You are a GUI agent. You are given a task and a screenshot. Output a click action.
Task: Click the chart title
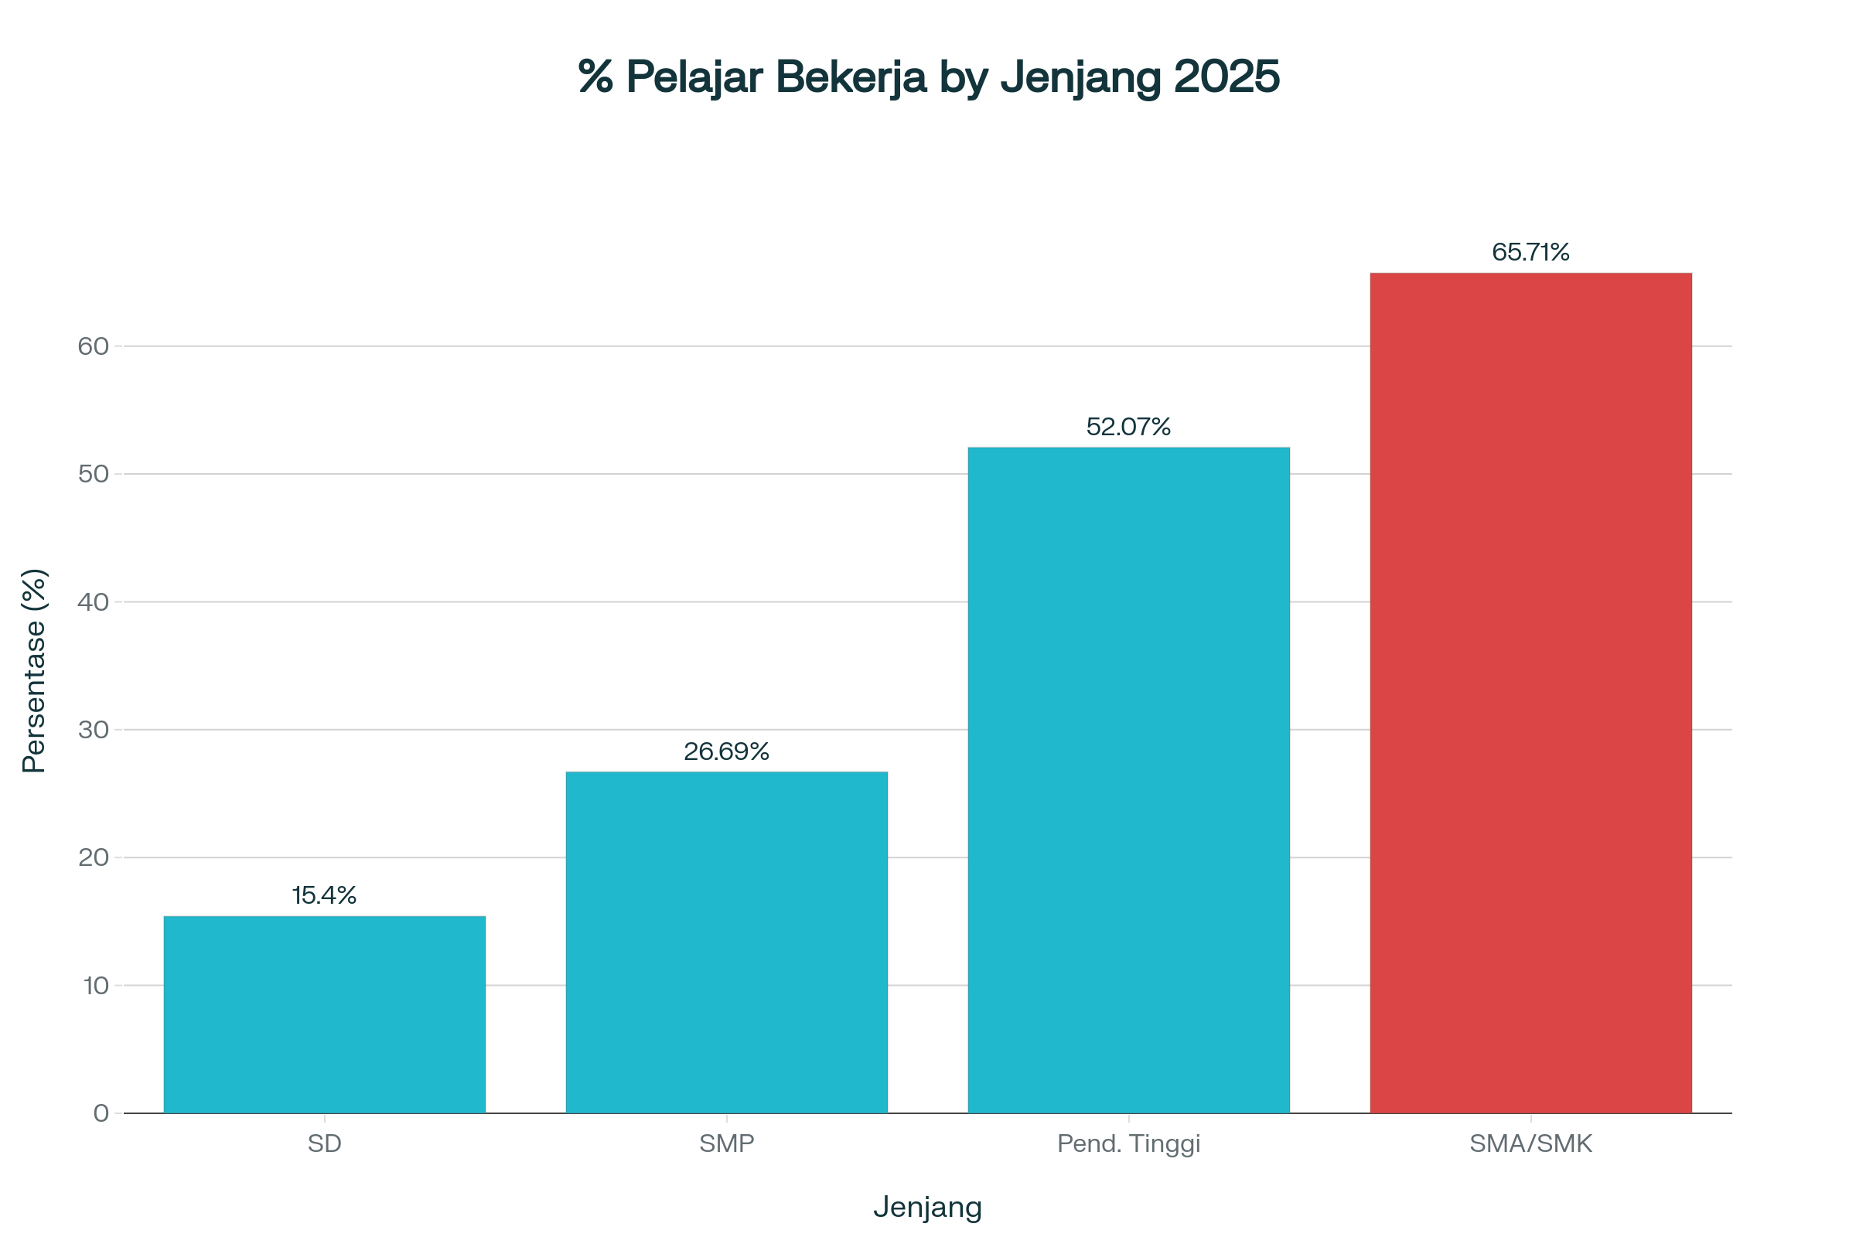click(x=929, y=77)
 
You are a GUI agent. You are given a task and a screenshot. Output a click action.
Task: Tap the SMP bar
click(x=726, y=942)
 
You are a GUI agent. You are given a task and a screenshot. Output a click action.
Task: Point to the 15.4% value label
click(x=324, y=895)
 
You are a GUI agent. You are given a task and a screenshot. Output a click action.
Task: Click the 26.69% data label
click(x=726, y=751)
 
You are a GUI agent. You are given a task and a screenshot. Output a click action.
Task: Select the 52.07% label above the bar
click(x=1128, y=427)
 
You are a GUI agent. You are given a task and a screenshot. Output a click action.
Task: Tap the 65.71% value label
click(x=1530, y=253)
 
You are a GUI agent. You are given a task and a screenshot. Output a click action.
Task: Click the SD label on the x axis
click(x=324, y=1143)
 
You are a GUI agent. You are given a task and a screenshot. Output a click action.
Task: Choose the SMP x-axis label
click(x=726, y=1143)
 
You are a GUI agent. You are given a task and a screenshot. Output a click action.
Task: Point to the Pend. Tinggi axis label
click(x=1128, y=1143)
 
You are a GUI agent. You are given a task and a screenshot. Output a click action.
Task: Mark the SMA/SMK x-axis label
click(x=1530, y=1143)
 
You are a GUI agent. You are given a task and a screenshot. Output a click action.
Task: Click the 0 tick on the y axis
click(x=101, y=1113)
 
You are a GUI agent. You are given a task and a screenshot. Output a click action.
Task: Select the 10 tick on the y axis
click(x=95, y=985)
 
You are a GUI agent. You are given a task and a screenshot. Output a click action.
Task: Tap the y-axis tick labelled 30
click(x=93, y=730)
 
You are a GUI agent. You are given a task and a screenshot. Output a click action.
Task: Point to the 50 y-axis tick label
click(x=93, y=474)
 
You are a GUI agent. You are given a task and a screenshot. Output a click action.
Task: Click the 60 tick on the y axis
click(x=93, y=346)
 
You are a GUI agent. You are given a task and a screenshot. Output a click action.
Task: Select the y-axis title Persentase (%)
click(x=34, y=670)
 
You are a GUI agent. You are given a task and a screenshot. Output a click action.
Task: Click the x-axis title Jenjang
click(x=927, y=1207)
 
